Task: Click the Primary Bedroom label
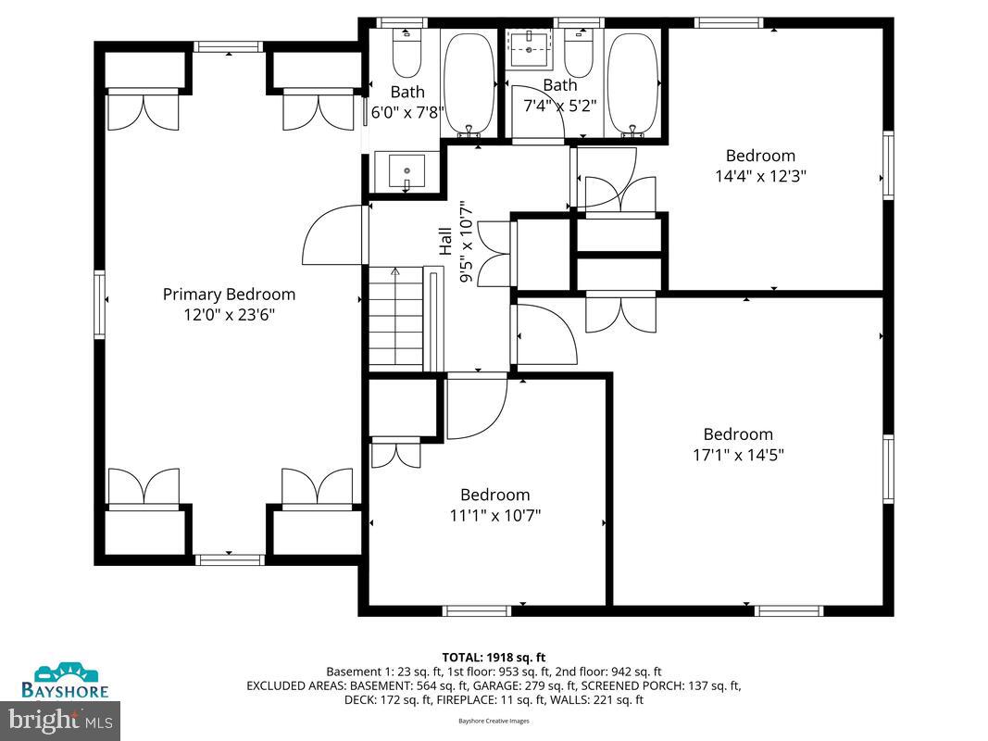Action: (229, 295)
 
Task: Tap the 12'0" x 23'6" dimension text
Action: (229, 315)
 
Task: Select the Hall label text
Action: (445, 242)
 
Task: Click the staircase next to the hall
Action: (395, 318)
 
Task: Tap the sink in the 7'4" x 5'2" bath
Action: (532, 47)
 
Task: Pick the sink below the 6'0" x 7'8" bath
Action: (406, 172)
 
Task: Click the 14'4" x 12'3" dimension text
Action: (760, 176)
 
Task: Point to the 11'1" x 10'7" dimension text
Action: (494, 515)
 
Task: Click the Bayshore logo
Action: (66, 681)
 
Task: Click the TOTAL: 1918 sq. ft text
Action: (493, 657)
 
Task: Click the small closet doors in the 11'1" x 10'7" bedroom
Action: (395, 455)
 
